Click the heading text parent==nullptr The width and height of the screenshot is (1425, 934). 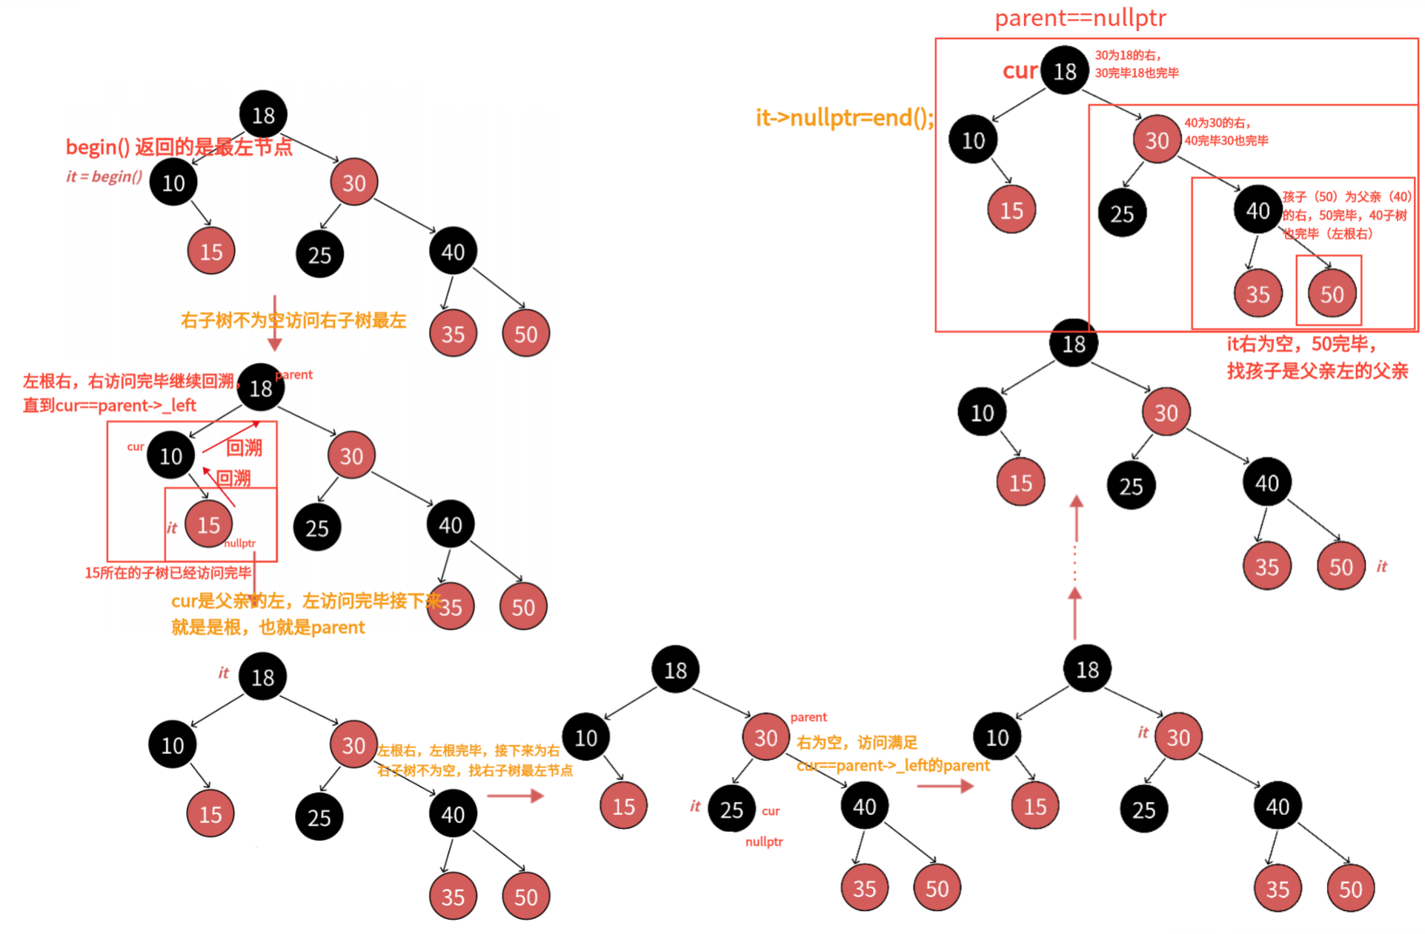point(1080,18)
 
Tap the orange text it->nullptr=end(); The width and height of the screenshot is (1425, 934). point(844,118)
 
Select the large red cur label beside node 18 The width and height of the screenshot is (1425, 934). point(1020,71)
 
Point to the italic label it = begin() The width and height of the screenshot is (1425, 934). point(104,176)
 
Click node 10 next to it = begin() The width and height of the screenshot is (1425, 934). point(173,182)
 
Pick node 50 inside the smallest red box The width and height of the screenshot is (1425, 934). point(1331,294)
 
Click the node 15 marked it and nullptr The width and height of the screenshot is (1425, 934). point(208,524)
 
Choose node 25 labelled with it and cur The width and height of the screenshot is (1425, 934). point(731,810)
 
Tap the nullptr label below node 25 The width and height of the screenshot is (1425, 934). point(764,841)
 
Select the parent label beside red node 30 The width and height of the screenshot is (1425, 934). point(808,717)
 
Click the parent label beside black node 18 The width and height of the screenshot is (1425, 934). point(295,375)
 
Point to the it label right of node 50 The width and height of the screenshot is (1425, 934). point(1381,567)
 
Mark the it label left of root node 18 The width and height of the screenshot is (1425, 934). point(223,673)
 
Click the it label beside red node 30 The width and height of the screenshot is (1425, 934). point(1143,733)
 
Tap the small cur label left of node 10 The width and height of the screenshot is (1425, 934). point(135,447)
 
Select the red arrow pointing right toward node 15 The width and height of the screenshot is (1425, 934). point(516,795)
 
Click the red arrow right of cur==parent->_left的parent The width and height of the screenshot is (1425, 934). point(945,786)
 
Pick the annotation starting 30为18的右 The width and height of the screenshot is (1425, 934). point(1136,64)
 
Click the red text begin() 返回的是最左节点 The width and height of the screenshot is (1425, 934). point(179,147)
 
